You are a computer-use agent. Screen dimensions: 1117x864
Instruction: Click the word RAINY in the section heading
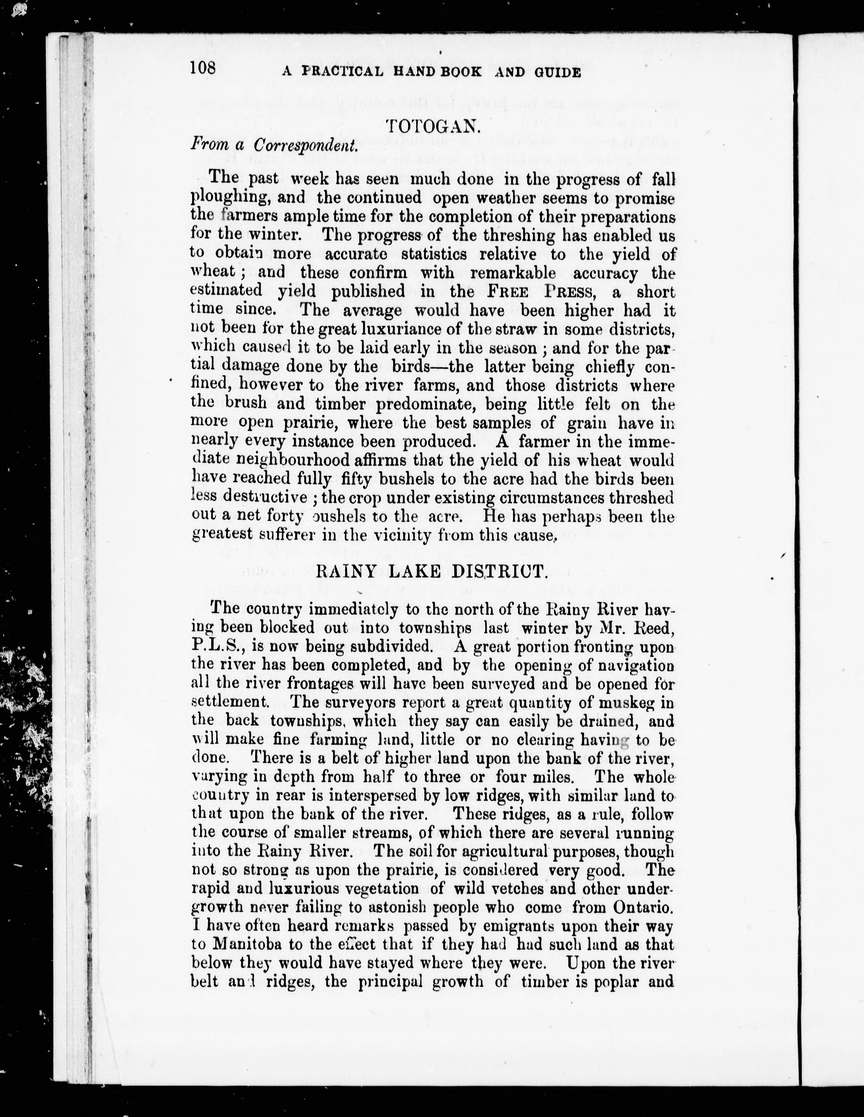click(x=345, y=571)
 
